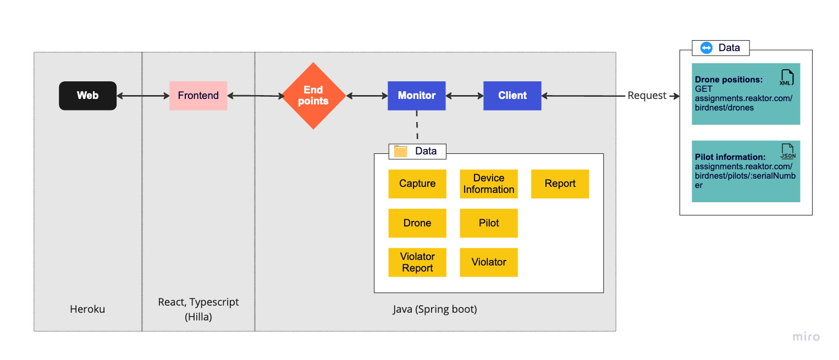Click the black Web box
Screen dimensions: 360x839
[87, 96]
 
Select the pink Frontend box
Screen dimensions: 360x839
[198, 96]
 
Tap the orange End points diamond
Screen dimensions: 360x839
[313, 96]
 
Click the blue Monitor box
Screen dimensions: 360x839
[416, 96]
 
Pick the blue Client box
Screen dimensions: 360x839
[512, 96]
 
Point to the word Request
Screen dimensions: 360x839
[647, 96]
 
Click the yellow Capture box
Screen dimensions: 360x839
[417, 184]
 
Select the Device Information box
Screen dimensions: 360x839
[488, 184]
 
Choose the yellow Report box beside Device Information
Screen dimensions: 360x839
[560, 184]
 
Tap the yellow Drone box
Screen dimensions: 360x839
[417, 223]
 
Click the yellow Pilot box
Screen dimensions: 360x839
[488, 223]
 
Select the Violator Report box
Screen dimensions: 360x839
[417, 262]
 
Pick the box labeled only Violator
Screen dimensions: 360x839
[488, 262]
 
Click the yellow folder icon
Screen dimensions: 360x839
[401, 151]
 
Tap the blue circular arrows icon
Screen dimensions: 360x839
[706, 48]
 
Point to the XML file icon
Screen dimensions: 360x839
[786, 77]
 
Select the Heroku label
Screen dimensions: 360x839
[87, 309]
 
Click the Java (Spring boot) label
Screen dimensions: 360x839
[434, 309]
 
